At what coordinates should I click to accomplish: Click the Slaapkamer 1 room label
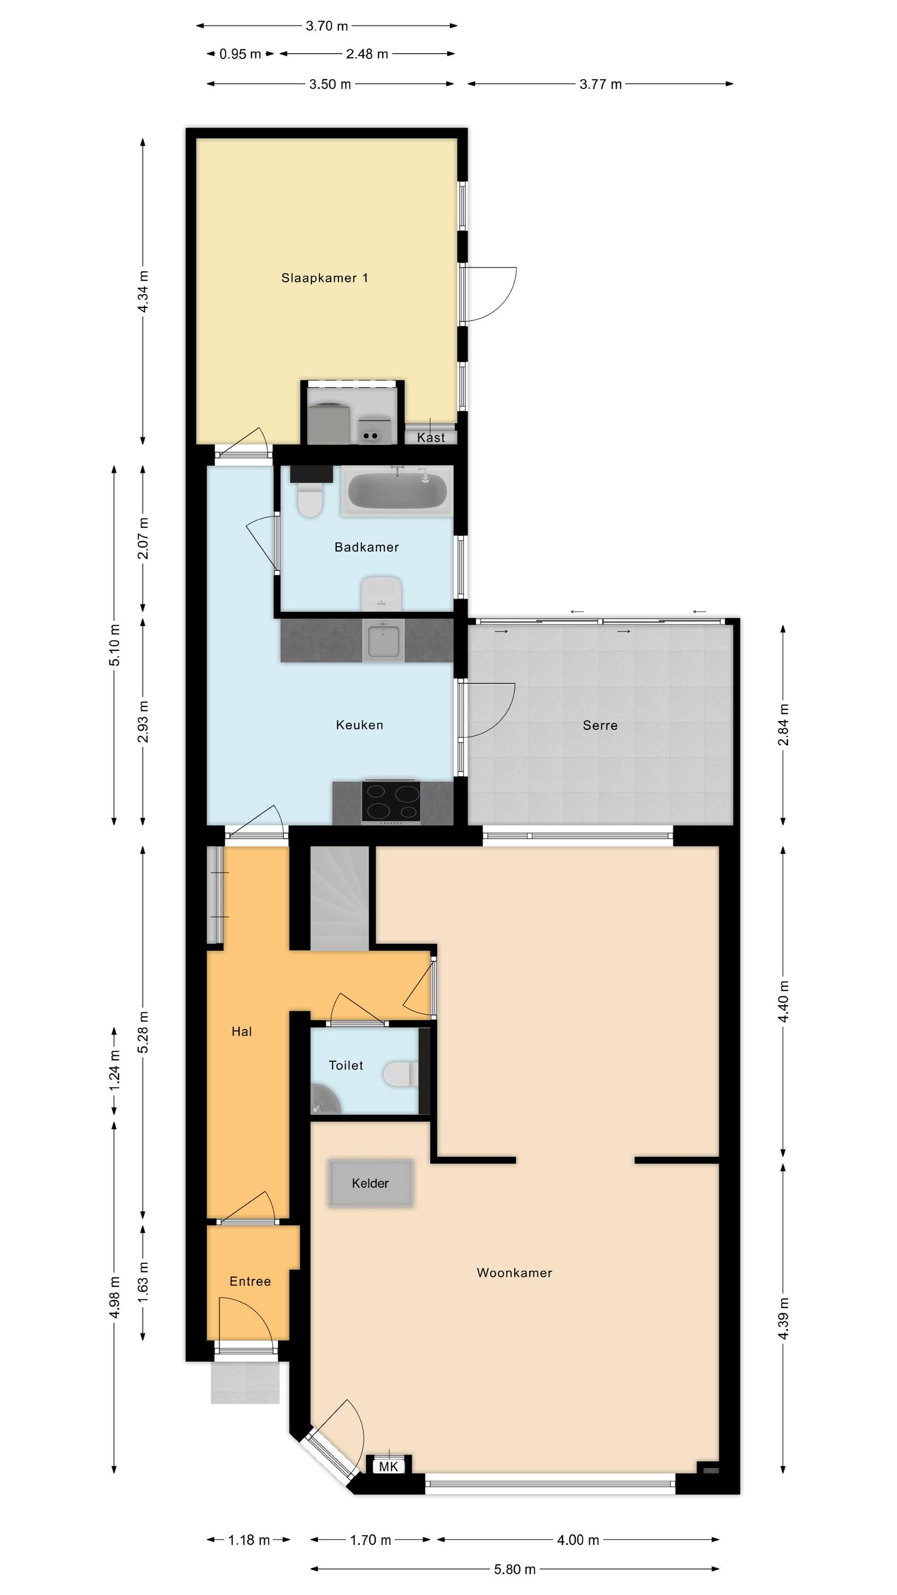tap(324, 278)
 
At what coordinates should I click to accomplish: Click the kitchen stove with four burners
tap(391, 802)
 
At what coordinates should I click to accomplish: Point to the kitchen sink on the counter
tap(383, 640)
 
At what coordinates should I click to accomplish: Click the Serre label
tap(600, 725)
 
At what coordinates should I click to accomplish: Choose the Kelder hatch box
tap(370, 1183)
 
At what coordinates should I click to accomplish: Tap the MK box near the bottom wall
tap(388, 1466)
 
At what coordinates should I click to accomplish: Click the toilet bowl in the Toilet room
tap(401, 1074)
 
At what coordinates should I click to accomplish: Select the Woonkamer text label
tap(514, 1272)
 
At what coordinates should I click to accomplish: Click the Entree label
tap(250, 1281)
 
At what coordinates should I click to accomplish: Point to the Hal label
tap(241, 1031)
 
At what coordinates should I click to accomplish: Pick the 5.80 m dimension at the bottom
tap(514, 1569)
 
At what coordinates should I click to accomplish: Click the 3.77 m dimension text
tap(600, 84)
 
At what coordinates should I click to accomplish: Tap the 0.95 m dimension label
tap(240, 54)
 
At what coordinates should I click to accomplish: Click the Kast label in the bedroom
tap(431, 438)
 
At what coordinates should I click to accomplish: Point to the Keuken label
tap(360, 725)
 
